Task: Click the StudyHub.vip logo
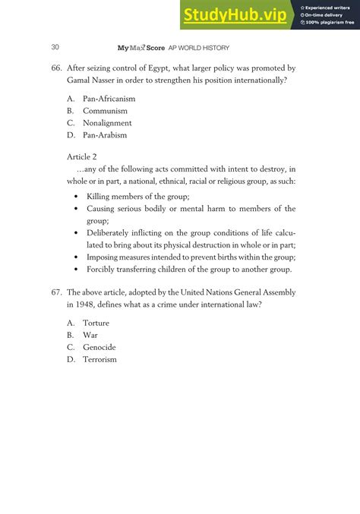[236, 14]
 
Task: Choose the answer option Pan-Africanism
[109, 99]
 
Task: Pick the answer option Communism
[105, 111]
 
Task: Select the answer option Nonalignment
[107, 123]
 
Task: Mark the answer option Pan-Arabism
[105, 135]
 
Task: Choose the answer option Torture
[96, 323]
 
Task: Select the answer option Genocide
[99, 347]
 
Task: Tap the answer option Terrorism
[99, 359]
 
